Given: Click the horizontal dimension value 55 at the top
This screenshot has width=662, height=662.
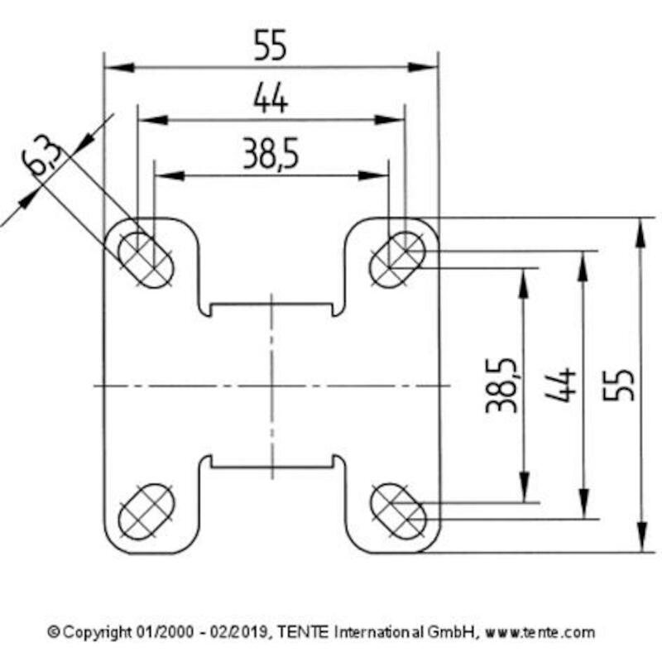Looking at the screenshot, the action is [x=271, y=45].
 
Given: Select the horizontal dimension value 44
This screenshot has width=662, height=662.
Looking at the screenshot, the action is [x=271, y=98].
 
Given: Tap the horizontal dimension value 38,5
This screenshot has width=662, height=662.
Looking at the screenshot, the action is [x=271, y=153].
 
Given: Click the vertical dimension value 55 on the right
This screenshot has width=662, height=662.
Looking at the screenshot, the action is [x=618, y=385].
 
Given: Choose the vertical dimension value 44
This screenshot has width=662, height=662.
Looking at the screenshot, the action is [x=561, y=385].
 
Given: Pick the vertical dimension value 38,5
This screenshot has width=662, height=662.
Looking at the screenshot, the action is [x=502, y=385].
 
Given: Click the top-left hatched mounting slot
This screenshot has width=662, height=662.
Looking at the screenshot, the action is [x=146, y=260].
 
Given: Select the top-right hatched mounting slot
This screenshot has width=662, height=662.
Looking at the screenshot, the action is [x=397, y=260].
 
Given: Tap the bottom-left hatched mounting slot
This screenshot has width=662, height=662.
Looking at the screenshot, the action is [x=146, y=511].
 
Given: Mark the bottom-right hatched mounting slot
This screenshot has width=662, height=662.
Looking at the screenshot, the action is [x=398, y=511].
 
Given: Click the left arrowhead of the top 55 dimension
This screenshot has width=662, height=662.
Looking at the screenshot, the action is [x=119, y=68].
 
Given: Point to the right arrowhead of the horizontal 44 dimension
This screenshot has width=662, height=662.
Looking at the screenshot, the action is [x=390, y=120].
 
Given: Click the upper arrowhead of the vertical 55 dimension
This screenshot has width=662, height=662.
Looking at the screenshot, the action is [x=640, y=233].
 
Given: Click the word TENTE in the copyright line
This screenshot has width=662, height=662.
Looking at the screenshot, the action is [x=302, y=632].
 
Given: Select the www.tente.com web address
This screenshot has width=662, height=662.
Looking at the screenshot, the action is [x=540, y=632].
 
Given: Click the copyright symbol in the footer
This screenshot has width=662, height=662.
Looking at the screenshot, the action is [x=54, y=632].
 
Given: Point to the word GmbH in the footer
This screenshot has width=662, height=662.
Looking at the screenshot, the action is [x=452, y=632].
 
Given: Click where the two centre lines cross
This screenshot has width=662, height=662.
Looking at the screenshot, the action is [x=272, y=386].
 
